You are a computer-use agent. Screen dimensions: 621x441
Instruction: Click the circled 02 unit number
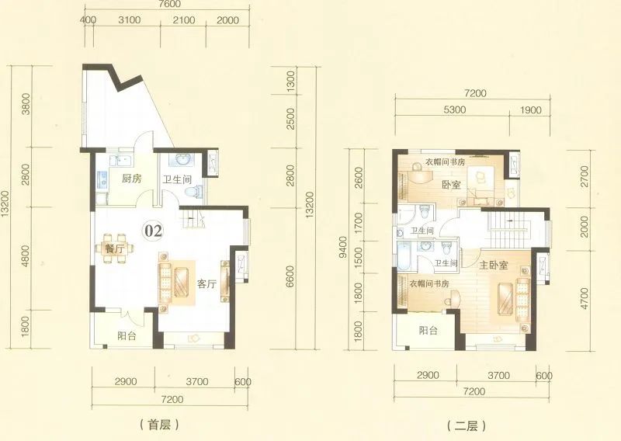153,231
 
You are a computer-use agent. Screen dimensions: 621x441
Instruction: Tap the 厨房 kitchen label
131,179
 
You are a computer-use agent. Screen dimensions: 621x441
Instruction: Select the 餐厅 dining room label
114,249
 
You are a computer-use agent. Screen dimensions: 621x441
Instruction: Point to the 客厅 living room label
206,284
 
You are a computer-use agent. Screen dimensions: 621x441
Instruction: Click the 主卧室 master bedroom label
493,265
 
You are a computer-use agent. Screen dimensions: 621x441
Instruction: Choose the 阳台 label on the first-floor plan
127,336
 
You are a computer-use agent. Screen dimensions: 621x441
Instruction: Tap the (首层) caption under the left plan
159,425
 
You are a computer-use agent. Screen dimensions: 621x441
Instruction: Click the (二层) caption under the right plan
466,426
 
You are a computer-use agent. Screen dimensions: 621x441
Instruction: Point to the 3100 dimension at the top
129,20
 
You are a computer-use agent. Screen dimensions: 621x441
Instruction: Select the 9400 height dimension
343,247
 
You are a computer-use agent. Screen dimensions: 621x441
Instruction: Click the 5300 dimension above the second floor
454,109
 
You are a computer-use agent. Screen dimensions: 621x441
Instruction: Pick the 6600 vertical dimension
290,276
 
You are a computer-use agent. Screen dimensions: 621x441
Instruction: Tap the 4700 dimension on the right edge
585,298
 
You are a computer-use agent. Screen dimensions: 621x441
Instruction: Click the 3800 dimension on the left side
26,104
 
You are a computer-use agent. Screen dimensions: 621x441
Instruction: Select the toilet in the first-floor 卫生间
194,192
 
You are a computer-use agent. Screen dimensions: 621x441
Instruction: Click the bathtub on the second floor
404,255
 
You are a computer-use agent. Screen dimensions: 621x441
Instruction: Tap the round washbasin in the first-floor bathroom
182,160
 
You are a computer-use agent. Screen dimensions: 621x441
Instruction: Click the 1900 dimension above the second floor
530,109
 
